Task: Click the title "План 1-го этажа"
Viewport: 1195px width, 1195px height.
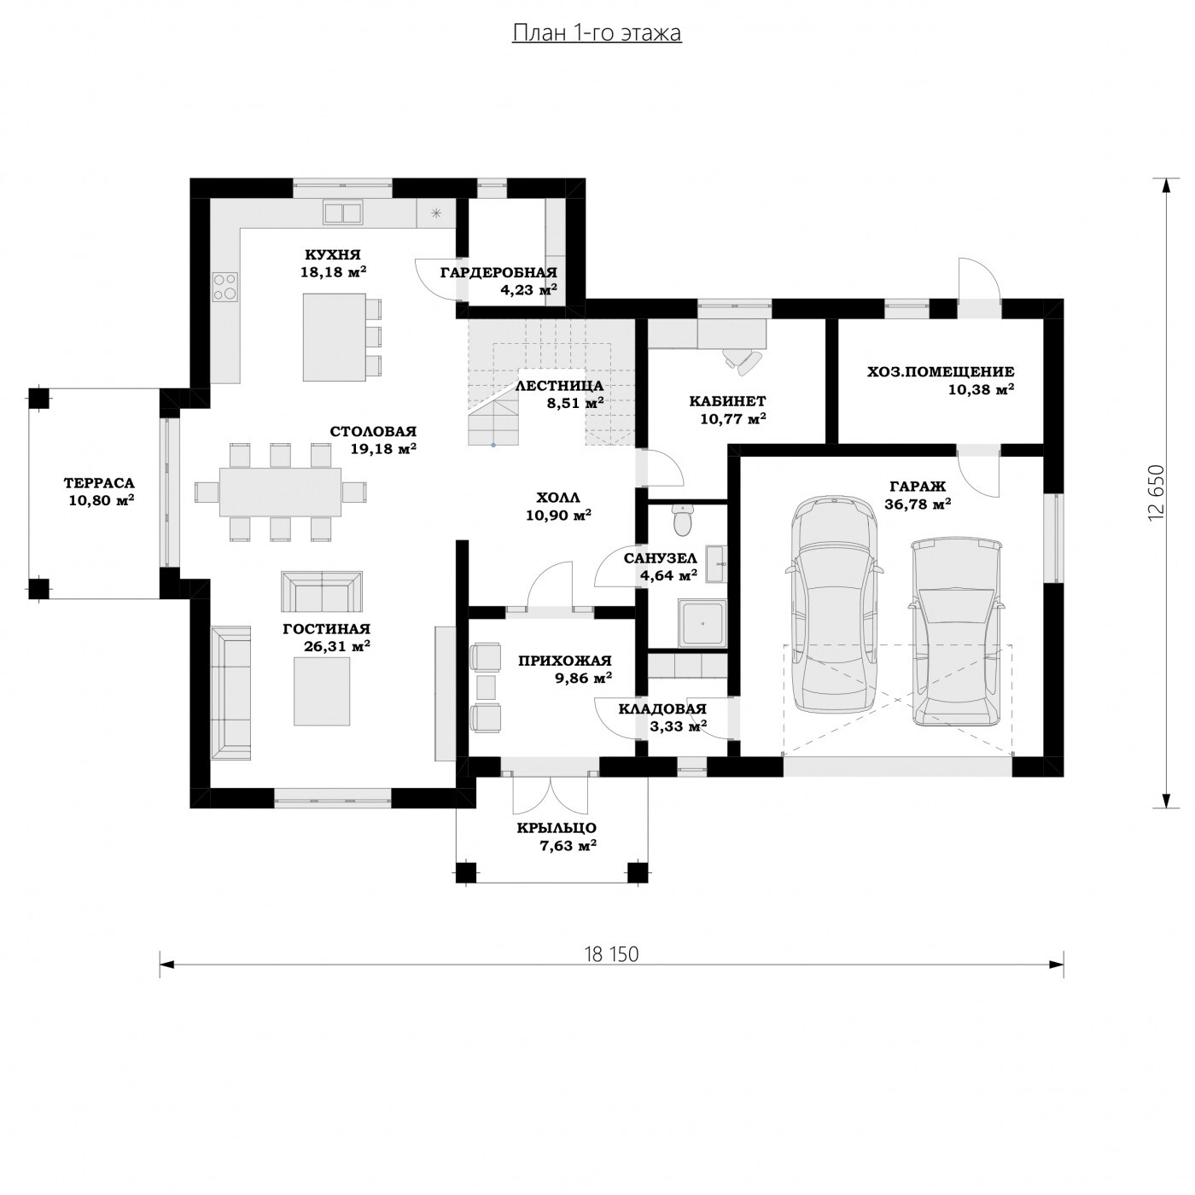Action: click(597, 33)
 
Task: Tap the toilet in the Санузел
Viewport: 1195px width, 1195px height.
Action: click(682, 520)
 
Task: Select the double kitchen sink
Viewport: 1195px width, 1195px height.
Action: click(343, 213)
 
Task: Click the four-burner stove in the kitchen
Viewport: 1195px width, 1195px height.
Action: click(225, 287)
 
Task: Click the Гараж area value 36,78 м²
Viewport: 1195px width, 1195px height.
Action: click(918, 504)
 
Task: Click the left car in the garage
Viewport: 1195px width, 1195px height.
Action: click(834, 604)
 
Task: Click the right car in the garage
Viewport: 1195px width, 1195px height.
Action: click(956, 632)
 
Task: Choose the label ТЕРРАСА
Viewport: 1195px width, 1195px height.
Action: click(99, 483)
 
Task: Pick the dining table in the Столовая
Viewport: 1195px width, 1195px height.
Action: click(280, 492)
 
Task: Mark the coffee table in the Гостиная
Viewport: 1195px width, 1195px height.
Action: click(322, 691)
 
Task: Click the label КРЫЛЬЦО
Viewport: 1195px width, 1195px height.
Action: click(557, 828)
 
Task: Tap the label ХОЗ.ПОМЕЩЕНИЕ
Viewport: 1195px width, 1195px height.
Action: click(941, 371)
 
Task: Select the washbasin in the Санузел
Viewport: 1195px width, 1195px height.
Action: click(715, 564)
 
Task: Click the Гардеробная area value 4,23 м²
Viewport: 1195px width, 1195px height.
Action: click(529, 289)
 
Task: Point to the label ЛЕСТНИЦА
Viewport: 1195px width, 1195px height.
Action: click(559, 386)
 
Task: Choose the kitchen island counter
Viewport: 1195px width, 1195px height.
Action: click(334, 337)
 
